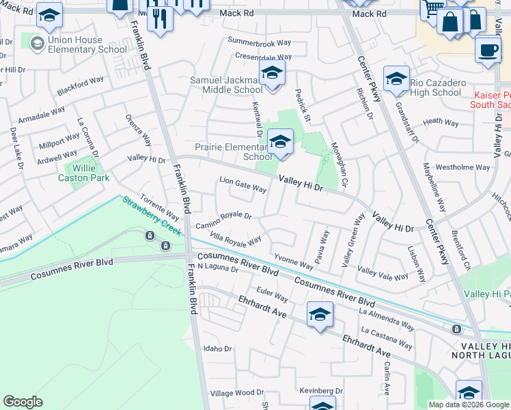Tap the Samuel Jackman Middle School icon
point(271,74)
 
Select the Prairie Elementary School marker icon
point(279,143)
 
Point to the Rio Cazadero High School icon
point(396,80)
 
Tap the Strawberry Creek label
point(152,216)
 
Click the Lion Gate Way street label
point(243,184)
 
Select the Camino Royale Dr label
point(223,220)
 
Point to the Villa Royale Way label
point(236,240)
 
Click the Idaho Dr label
point(218,348)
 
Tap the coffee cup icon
point(488,50)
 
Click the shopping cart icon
point(432,9)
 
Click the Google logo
point(23,402)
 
